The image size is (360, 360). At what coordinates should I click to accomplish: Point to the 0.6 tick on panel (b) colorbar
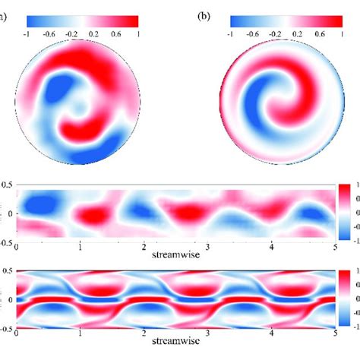tap(320, 34)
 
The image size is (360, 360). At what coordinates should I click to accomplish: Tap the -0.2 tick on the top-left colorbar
tap(73, 34)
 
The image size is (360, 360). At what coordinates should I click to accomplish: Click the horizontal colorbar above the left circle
tap(84, 21)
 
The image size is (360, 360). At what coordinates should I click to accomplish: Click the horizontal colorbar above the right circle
tap(286, 21)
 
